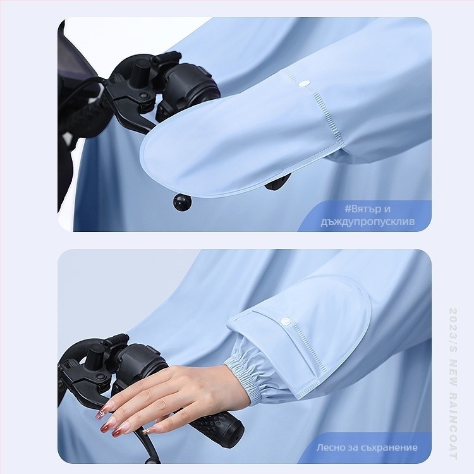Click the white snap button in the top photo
[306, 83]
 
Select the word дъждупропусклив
[368, 222]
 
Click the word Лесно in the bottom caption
[330, 447]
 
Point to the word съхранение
[389, 447]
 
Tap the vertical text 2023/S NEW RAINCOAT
[453, 384]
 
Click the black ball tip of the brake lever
[181, 201]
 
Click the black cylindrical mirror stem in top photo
[140, 71]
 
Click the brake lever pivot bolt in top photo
[144, 95]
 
